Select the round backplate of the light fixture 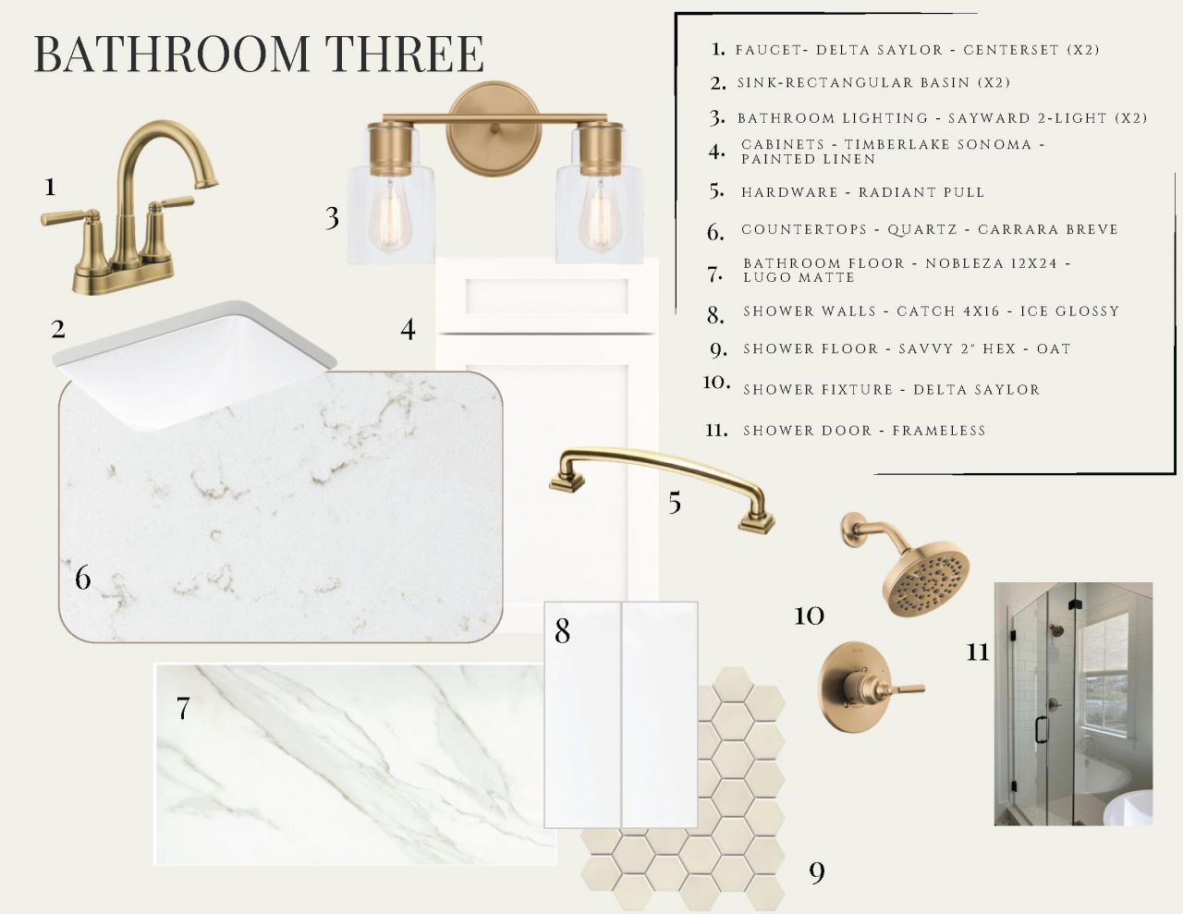pyautogui.click(x=494, y=128)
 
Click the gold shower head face pyautogui.click(x=926, y=578)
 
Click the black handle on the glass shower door pyautogui.click(x=1042, y=729)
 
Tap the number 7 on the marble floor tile pyautogui.click(x=183, y=708)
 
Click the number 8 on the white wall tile pyautogui.click(x=562, y=631)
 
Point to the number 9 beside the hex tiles pyautogui.click(x=817, y=872)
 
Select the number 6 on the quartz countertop pyautogui.click(x=83, y=578)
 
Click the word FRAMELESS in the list pyautogui.click(x=939, y=431)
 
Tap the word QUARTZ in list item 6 pyautogui.click(x=922, y=230)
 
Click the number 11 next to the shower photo pyautogui.click(x=977, y=652)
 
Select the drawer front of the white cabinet pyautogui.click(x=546, y=298)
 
